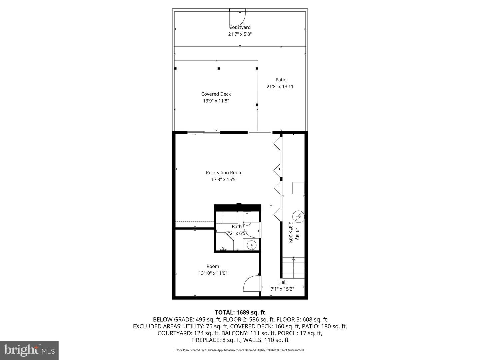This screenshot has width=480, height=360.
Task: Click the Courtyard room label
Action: click(240, 27)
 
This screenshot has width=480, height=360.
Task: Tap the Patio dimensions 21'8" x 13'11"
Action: click(281, 87)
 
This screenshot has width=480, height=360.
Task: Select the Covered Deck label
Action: click(216, 94)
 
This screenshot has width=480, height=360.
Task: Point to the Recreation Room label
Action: click(224, 173)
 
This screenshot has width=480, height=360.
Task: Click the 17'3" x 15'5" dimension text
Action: click(224, 179)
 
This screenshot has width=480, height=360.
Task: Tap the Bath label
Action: click(237, 226)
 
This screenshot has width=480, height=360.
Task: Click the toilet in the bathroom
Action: click(247, 218)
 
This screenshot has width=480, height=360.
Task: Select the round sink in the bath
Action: click(251, 244)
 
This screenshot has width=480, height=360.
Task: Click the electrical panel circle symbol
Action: click(298, 217)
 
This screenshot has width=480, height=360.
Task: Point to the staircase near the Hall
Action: click(293, 268)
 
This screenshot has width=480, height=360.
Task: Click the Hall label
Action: click(282, 282)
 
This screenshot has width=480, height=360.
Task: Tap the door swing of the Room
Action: click(251, 283)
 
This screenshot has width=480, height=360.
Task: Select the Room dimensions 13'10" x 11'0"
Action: click(213, 273)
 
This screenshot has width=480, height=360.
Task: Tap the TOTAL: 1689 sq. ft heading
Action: click(240, 312)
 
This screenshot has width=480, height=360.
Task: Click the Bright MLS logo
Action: click(29, 350)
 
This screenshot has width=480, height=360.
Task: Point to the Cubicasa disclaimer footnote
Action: click(240, 350)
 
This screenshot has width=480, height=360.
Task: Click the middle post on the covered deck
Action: click(219, 68)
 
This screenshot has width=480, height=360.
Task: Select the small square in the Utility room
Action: click(298, 188)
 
